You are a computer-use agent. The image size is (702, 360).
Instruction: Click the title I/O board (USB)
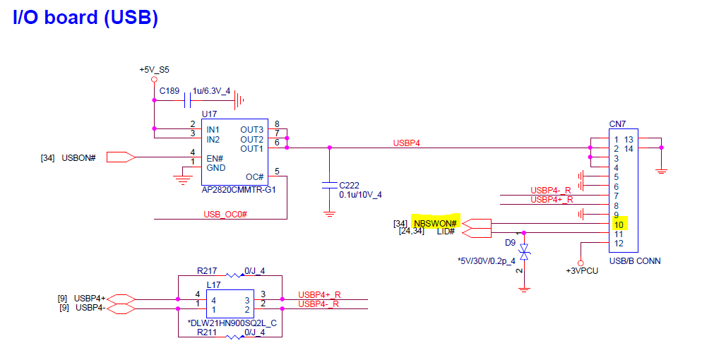[x=85, y=18]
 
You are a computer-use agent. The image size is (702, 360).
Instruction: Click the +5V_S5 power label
[x=155, y=70]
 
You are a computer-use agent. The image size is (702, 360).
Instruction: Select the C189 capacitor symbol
[x=188, y=100]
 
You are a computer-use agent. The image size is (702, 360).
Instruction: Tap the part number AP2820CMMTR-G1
[x=239, y=190]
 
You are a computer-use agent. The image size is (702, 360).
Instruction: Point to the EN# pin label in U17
[x=215, y=158]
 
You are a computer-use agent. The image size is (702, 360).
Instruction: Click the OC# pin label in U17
[x=255, y=177]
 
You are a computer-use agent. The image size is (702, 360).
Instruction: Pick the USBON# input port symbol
[x=121, y=157]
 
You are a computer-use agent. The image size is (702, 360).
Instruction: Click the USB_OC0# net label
[x=225, y=215]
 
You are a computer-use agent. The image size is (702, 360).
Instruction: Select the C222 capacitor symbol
[x=330, y=185]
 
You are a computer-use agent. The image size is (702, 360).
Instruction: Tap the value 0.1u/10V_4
[x=360, y=195]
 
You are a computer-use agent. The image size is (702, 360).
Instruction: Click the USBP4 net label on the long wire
[x=407, y=143]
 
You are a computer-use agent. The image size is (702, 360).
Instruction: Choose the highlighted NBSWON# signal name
[x=435, y=223]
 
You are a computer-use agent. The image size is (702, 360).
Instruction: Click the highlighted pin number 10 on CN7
[x=618, y=224]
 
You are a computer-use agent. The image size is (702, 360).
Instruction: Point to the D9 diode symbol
[x=524, y=252]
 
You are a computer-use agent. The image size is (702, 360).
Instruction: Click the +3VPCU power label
[x=582, y=270]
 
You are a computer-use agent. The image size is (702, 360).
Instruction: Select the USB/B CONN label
[x=635, y=260]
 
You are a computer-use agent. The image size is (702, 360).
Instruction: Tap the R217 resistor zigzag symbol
[x=234, y=275]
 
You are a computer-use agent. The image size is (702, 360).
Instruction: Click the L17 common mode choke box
[x=230, y=304]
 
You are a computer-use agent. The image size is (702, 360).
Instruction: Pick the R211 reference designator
[x=207, y=332]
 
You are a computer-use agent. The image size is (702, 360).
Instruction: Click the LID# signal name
[x=446, y=232]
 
